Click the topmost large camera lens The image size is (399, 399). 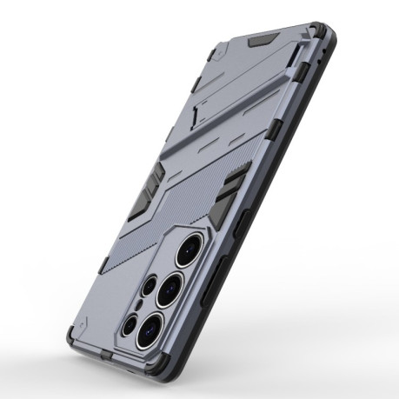pos(189,252)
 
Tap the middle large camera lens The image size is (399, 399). pos(170,288)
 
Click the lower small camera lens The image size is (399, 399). pos(130,324)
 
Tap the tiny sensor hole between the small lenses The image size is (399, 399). pos(139,305)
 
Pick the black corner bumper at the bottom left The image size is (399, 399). pos(73,336)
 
